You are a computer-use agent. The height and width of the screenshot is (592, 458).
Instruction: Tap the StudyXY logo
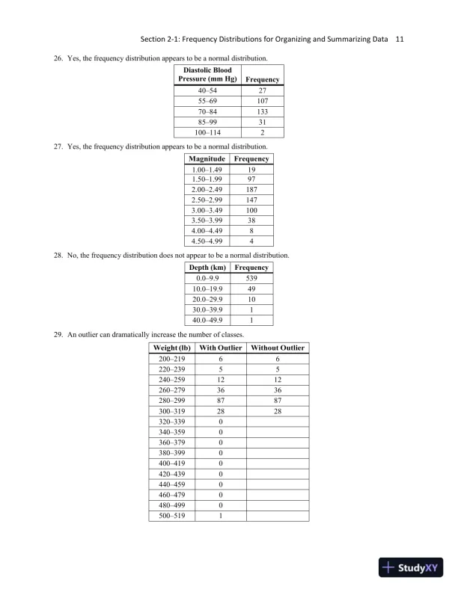[411, 567]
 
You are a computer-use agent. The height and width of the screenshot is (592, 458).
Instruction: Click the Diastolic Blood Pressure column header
[207, 75]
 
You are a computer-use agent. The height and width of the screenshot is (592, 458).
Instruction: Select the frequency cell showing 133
[262, 111]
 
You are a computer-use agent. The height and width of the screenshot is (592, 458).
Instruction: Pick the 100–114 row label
[207, 132]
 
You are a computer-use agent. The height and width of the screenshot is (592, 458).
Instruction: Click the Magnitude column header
[207, 159]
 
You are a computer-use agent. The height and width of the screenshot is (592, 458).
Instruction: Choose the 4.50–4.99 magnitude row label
[207, 241]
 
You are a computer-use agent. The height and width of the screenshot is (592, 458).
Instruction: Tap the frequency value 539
[251, 278]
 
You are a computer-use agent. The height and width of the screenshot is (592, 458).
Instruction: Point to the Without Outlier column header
[278, 348]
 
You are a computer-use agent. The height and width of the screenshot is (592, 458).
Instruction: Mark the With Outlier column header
[221, 348]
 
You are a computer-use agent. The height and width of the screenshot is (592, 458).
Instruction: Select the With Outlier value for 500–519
[221, 516]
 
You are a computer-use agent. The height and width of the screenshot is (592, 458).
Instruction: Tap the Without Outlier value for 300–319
[278, 411]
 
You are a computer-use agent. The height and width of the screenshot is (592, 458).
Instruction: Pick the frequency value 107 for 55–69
[262, 100]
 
